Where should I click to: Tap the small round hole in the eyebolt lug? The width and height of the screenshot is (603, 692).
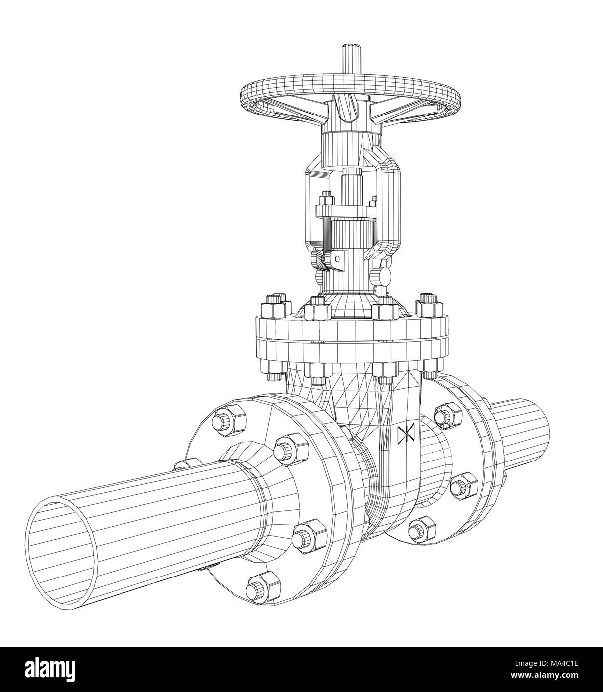pos(337,259)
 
